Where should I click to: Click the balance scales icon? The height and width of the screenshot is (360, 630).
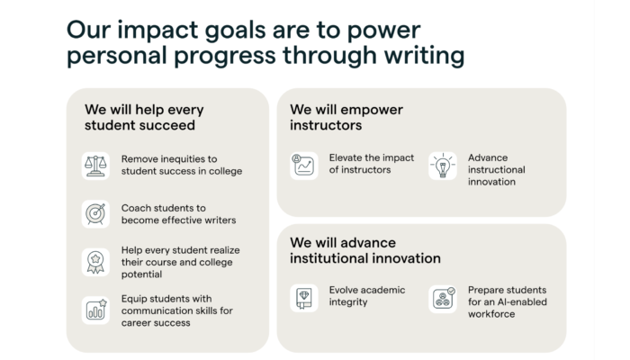click(x=95, y=166)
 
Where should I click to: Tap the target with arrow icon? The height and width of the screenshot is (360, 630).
click(x=95, y=214)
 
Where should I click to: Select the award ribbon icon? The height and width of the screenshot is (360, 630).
click(x=95, y=263)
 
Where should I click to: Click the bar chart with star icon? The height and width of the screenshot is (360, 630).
click(x=96, y=310)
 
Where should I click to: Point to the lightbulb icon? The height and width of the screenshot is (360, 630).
click(x=443, y=166)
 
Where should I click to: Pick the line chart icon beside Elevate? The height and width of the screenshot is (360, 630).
click(x=304, y=165)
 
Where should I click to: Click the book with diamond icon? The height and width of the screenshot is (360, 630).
click(x=304, y=298)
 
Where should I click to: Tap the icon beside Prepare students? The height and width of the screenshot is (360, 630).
click(x=444, y=298)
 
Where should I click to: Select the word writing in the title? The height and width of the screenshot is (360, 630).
click(x=424, y=56)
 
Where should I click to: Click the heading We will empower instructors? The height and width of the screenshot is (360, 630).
click(x=346, y=117)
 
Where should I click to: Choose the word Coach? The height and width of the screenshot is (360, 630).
click(x=135, y=208)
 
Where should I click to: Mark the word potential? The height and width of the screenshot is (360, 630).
click(x=141, y=274)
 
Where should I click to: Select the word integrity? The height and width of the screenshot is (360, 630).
click(x=348, y=302)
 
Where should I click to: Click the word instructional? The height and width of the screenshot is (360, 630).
click(x=496, y=169)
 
